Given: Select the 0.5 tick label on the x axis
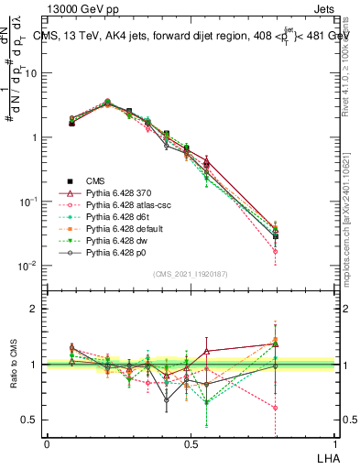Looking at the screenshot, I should pos(191,442).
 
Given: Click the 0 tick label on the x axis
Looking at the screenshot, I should pos(47,442).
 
